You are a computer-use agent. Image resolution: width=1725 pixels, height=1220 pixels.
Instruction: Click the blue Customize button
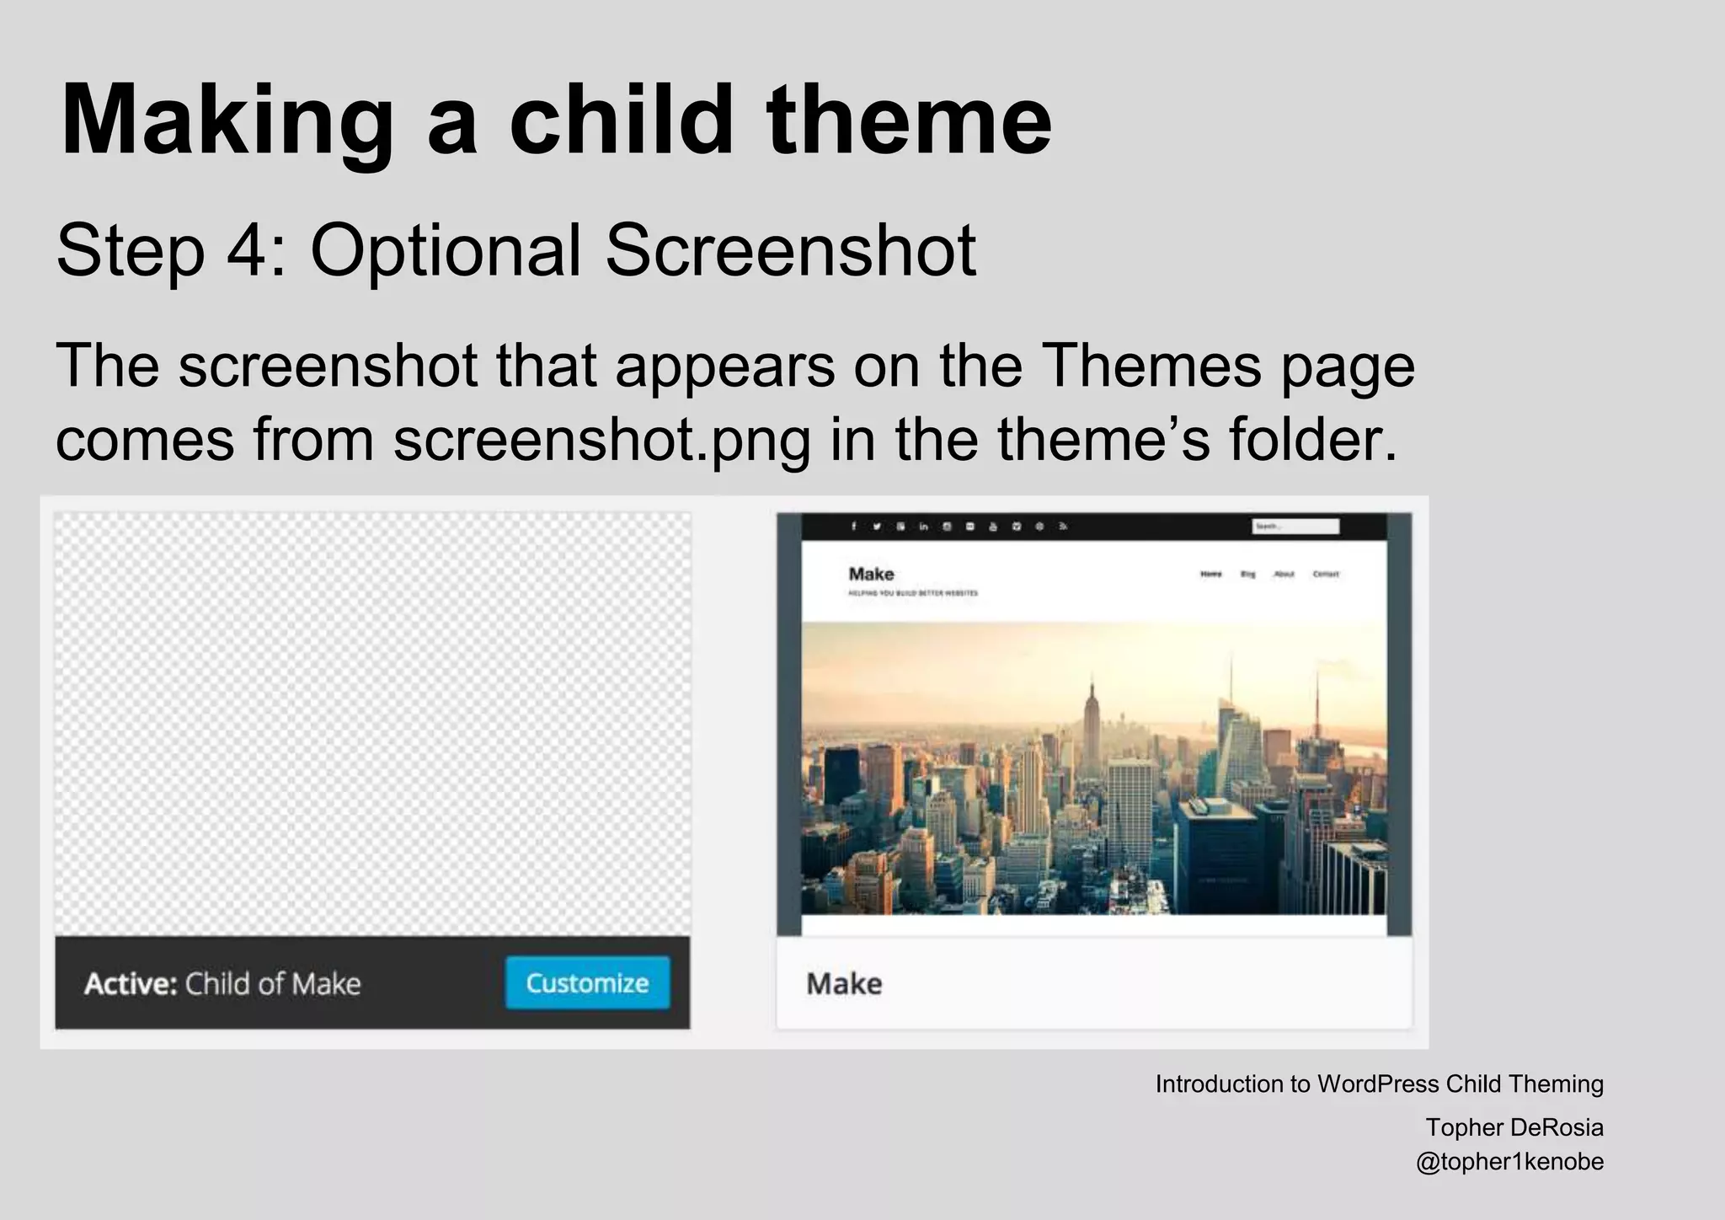(587, 982)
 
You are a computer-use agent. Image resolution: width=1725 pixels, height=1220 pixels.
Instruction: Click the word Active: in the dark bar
(131, 984)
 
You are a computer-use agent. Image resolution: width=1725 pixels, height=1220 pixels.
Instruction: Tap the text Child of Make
(273, 984)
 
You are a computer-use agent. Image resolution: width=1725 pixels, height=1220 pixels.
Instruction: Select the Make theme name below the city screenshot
(844, 984)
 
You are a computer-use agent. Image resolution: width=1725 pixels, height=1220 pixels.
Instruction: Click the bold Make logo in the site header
(871, 574)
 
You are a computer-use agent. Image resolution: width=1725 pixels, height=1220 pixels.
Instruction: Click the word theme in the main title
(909, 120)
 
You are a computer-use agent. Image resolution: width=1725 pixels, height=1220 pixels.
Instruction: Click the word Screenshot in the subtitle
(790, 250)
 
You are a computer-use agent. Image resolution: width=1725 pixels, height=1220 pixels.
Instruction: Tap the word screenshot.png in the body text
(601, 440)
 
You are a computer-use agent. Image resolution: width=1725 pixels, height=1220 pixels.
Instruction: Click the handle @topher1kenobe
(1509, 1162)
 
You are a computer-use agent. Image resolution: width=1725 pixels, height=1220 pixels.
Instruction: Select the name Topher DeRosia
(1514, 1127)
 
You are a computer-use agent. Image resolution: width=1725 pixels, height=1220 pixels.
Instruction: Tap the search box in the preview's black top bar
(1295, 527)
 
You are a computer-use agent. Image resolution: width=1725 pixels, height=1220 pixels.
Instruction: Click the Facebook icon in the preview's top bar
(853, 527)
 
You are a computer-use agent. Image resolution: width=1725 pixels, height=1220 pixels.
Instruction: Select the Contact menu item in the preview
(1325, 574)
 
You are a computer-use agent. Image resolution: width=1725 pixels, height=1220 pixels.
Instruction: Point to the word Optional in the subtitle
(446, 250)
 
